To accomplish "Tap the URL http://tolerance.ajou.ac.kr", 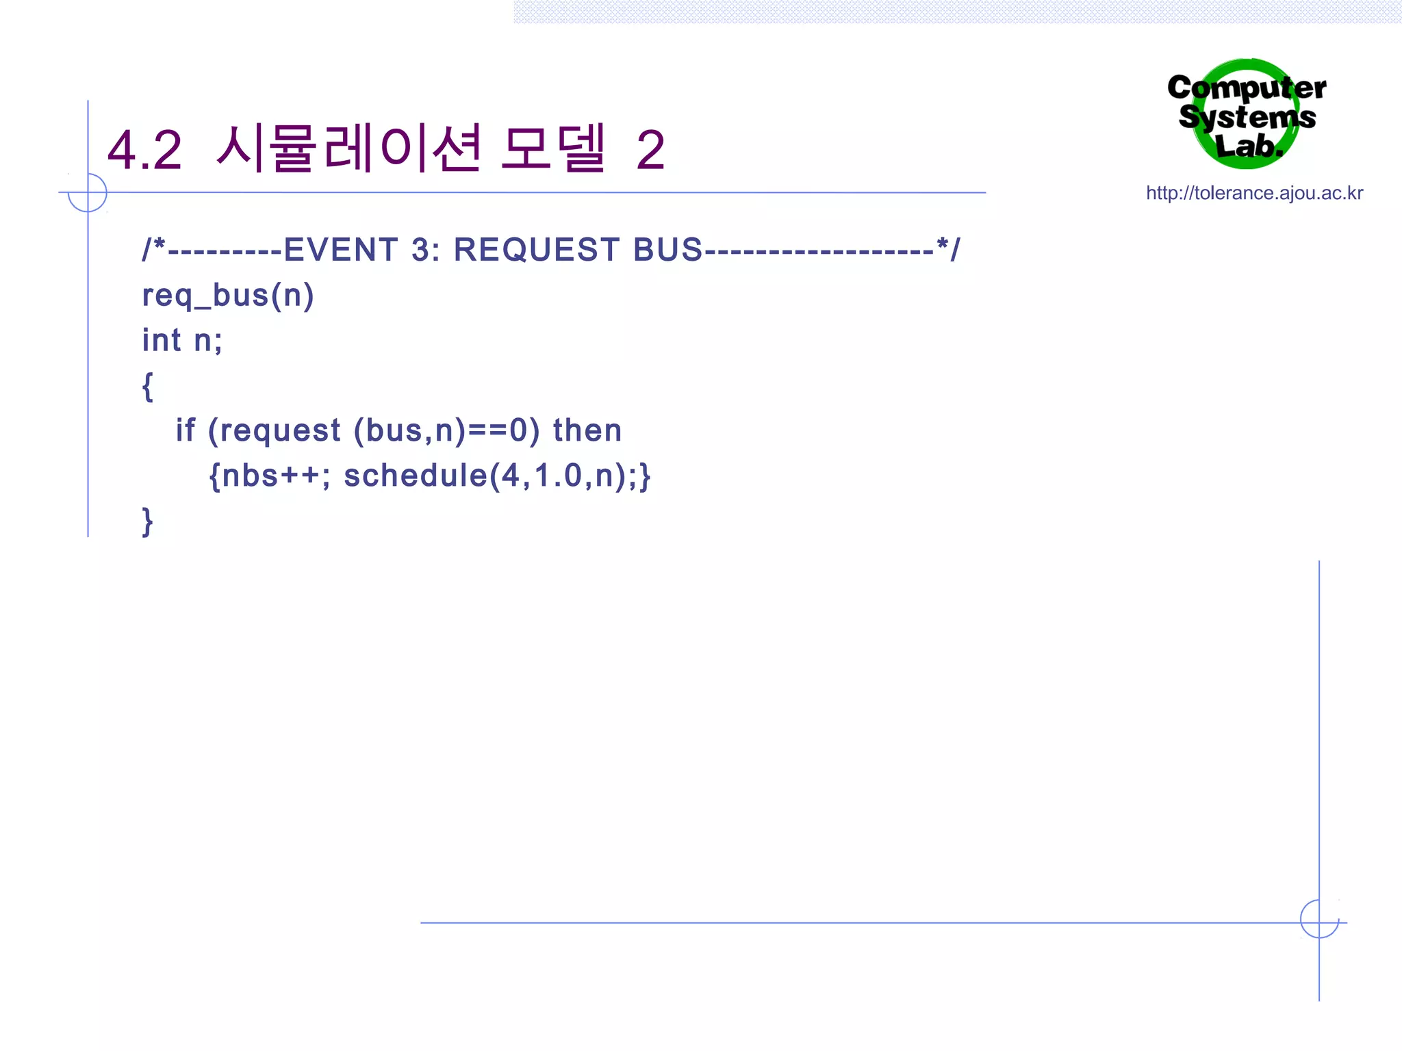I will (x=1254, y=193).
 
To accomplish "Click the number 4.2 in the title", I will (x=145, y=151).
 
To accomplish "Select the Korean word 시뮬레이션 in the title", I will (x=349, y=148).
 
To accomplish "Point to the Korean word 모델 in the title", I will (x=553, y=148).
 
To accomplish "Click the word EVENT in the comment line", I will (x=340, y=250).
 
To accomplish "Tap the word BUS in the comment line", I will (x=667, y=250).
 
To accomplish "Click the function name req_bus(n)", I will (x=228, y=296).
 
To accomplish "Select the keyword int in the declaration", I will (x=162, y=340).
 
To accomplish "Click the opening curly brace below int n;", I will (x=147, y=387).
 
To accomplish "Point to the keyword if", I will (x=185, y=430).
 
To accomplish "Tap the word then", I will (x=587, y=430).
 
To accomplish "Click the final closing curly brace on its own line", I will (x=147, y=521).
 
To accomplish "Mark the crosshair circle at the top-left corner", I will (x=88, y=192).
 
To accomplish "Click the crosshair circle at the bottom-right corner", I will (x=1319, y=919).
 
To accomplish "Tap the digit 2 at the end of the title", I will (x=650, y=151).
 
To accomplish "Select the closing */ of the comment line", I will (x=948, y=248).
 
